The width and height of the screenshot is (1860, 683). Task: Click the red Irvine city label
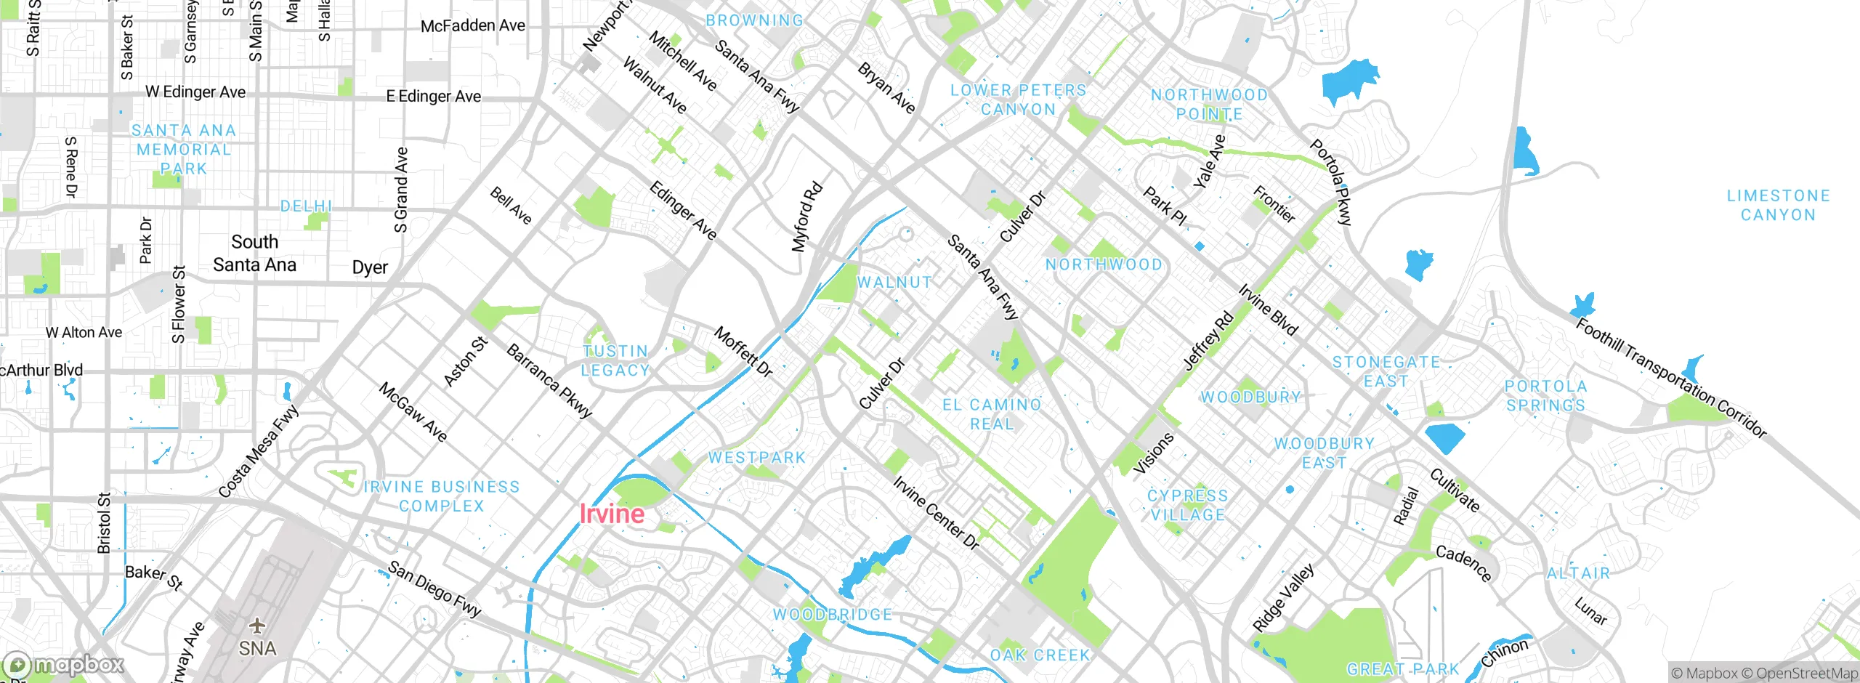coord(612,514)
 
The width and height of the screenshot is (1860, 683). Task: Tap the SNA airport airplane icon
coord(257,625)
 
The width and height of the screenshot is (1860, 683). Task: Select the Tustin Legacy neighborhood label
coord(615,361)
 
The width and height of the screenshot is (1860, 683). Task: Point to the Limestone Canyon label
coord(1778,206)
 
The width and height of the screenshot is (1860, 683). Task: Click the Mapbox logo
coord(64,664)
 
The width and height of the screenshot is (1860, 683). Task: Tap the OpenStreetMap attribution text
coord(1806,673)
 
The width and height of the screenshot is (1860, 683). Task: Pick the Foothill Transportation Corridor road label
coord(1670,378)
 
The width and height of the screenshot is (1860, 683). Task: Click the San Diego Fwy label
coord(434,589)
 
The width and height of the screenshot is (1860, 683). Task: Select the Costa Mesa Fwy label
coord(259,451)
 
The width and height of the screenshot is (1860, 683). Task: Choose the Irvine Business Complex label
coord(442,496)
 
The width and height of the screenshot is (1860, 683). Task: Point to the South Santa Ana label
coord(254,253)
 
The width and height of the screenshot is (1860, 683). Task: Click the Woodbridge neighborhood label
coord(832,615)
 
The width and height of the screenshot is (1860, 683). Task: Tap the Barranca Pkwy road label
coord(549,381)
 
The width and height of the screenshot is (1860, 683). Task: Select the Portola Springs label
coord(1545,396)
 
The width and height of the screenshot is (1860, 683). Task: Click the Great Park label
coord(1402,668)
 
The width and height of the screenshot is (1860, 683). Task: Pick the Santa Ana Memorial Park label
coord(184,150)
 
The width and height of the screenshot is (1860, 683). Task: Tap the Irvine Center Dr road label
coord(936,512)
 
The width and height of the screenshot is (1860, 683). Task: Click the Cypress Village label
coord(1187,505)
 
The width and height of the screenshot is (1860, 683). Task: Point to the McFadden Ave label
coord(472,26)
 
